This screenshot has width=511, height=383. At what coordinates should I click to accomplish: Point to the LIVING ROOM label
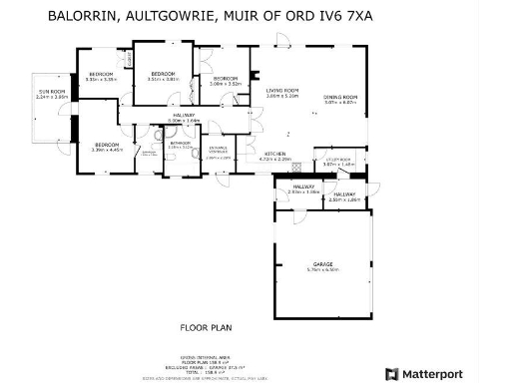(x=283, y=92)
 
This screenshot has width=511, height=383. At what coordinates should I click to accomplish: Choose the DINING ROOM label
(x=340, y=97)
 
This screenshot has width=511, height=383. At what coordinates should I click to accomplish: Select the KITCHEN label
(x=273, y=154)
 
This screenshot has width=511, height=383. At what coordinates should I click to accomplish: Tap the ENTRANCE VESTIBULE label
(x=219, y=150)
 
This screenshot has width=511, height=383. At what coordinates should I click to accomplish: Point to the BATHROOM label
(x=181, y=144)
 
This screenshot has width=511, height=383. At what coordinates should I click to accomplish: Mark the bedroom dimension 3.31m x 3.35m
(x=103, y=80)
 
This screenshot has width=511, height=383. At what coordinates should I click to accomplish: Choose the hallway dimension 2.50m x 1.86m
(x=344, y=199)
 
